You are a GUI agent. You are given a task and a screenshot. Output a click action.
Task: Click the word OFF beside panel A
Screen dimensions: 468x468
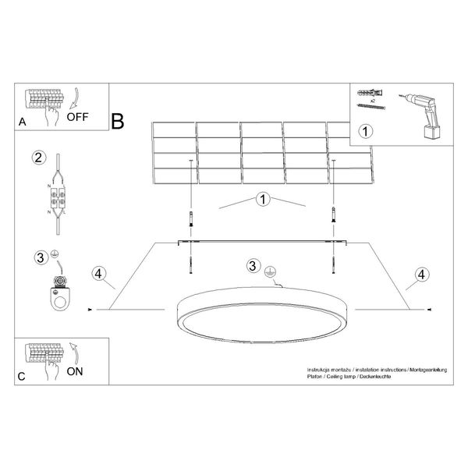point(81,118)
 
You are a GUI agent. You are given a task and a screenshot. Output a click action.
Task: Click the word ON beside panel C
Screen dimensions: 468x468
point(75,371)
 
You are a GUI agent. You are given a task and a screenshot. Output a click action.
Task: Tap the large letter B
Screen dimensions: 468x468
point(118,122)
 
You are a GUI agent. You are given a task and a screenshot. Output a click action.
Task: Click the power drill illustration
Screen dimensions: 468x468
point(419,114)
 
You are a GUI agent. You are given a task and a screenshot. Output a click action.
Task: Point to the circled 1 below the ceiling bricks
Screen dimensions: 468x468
point(263,200)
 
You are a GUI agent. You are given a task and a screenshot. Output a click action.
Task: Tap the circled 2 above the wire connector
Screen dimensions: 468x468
point(37,158)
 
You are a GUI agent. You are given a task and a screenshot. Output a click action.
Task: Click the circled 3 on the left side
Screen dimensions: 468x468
point(40,257)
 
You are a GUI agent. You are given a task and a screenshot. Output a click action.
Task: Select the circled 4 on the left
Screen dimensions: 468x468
point(97,273)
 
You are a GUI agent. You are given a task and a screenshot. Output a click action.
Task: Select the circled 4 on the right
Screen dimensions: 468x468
point(422,273)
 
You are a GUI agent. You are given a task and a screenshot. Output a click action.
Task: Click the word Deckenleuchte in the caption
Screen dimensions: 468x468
point(375,376)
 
